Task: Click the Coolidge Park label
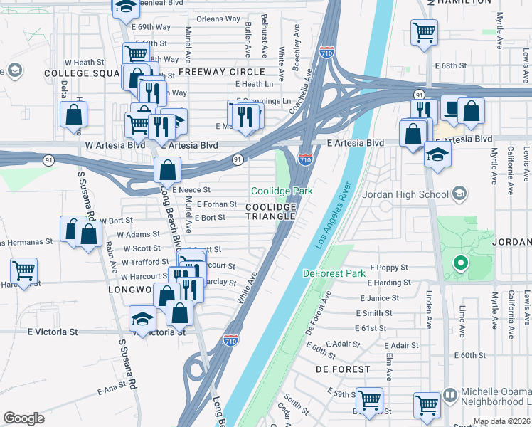(x=282, y=191)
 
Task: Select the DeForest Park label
(x=335, y=273)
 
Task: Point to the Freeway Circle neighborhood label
(x=222, y=72)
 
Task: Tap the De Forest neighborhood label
(x=343, y=369)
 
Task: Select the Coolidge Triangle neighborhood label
(x=270, y=211)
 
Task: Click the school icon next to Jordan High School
(x=459, y=194)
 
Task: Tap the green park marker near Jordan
(x=460, y=264)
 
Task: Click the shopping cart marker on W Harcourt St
(x=23, y=270)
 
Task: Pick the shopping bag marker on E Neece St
(x=167, y=170)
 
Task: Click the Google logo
(x=23, y=418)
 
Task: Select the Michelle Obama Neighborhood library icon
(x=449, y=394)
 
